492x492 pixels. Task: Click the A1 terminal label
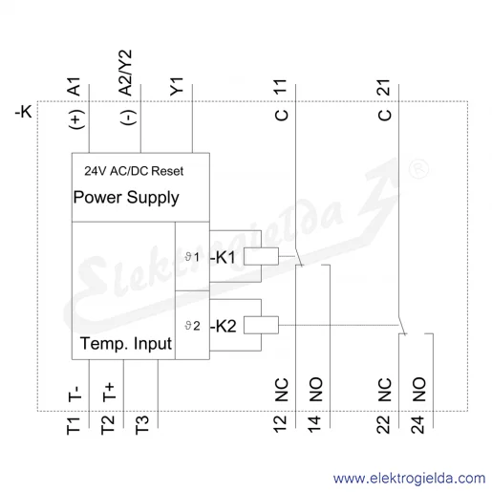tap(75, 86)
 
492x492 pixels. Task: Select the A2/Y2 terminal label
tap(125, 73)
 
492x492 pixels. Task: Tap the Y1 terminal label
tap(177, 86)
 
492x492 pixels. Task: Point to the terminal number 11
tap(281, 87)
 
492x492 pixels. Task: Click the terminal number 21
tap(384, 87)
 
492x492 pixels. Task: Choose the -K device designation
tap(24, 112)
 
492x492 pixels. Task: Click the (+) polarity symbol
tap(76, 119)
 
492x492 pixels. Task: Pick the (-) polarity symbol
tap(128, 118)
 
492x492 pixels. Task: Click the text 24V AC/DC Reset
tap(134, 171)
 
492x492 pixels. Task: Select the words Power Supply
tap(126, 198)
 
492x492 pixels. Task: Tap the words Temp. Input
tap(126, 344)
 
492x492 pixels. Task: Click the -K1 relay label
tap(223, 257)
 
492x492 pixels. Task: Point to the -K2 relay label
tap(224, 326)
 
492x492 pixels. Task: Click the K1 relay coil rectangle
tap(261, 256)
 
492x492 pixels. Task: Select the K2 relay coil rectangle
tap(261, 325)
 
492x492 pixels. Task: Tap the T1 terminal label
tap(73, 426)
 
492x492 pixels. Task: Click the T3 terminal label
tap(142, 425)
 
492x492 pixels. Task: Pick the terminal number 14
tap(314, 424)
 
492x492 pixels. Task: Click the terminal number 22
tap(383, 424)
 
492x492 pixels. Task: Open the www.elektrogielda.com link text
tap(410, 479)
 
